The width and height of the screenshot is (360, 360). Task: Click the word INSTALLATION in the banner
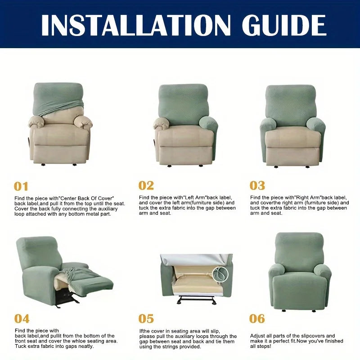point(136,25)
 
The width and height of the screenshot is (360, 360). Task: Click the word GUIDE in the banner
point(284,25)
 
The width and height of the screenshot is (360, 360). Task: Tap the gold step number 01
point(21,186)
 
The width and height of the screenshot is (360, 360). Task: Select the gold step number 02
point(146,185)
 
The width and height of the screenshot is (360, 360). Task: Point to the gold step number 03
point(257,185)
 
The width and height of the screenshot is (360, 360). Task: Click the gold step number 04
point(22,319)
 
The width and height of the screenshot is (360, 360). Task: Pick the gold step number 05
point(146,319)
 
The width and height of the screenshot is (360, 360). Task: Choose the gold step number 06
point(257,319)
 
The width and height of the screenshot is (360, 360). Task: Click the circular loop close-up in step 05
point(220,274)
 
